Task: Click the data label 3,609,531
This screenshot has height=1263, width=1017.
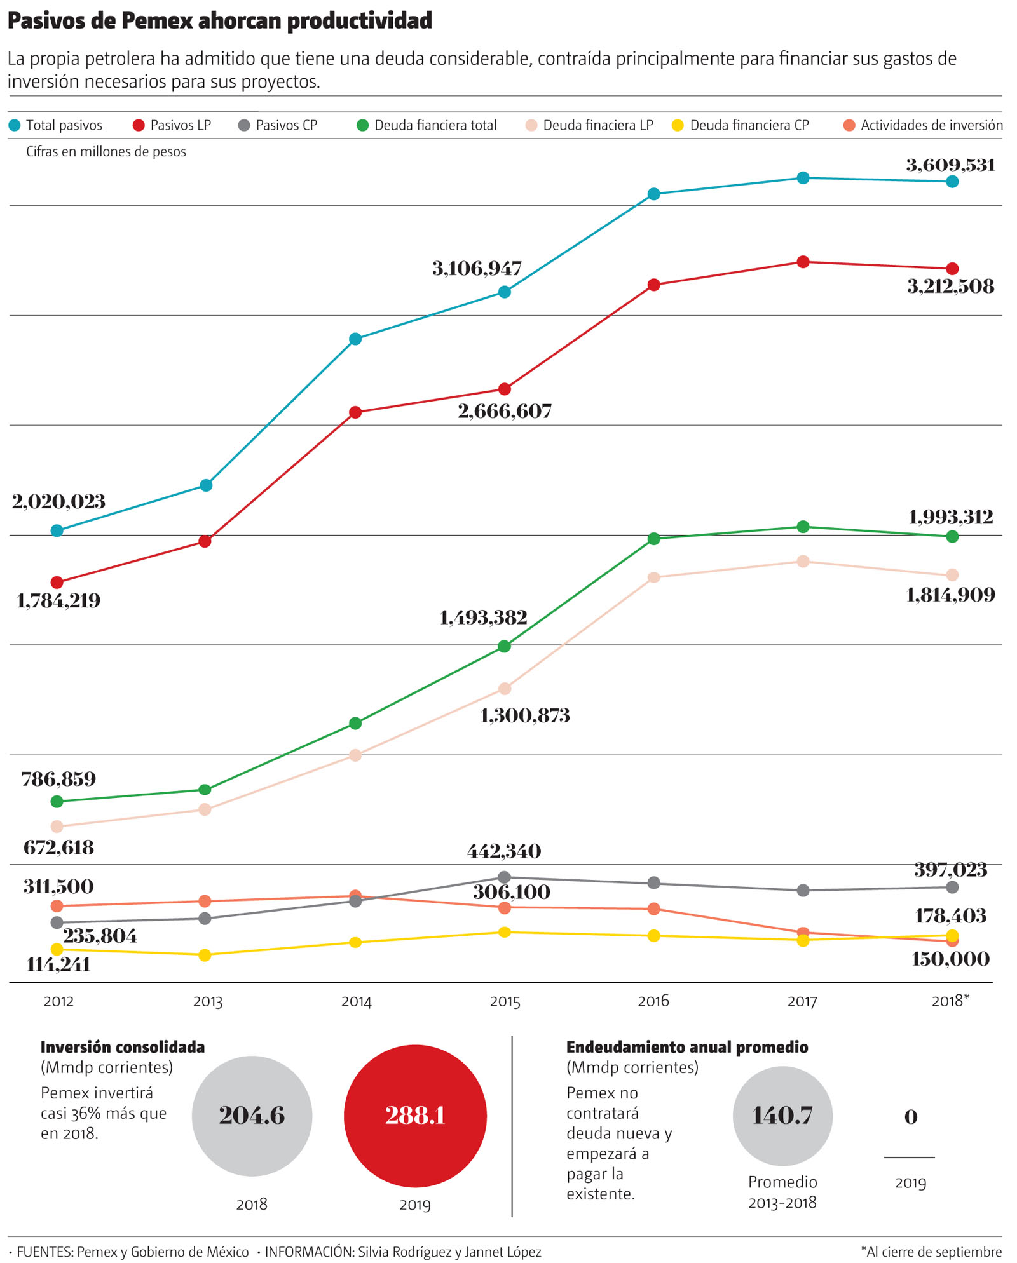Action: tap(950, 165)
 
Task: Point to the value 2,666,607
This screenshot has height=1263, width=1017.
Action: tap(505, 411)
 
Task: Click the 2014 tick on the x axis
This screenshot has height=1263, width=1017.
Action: tap(356, 1002)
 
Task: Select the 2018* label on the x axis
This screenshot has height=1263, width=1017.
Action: tap(950, 1001)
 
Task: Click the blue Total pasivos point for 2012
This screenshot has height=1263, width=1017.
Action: tap(57, 530)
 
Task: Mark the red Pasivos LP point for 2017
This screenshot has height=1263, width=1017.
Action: tap(803, 262)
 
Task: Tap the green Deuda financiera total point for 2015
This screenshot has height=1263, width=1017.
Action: tap(505, 646)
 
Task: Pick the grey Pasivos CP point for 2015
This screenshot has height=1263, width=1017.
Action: tap(505, 877)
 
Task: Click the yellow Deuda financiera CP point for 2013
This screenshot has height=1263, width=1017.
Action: tap(205, 955)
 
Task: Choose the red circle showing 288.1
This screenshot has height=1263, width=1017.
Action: tap(415, 1116)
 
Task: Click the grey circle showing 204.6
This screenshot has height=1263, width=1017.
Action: tap(252, 1116)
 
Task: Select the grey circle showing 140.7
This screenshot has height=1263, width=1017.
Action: tap(782, 1116)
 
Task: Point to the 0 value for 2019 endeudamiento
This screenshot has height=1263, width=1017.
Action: tap(910, 1117)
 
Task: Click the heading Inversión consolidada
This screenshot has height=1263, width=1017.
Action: tap(123, 1047)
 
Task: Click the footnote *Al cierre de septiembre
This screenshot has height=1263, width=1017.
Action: tap(931, 1252)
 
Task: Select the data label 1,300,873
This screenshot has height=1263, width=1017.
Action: tap(525, 716)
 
